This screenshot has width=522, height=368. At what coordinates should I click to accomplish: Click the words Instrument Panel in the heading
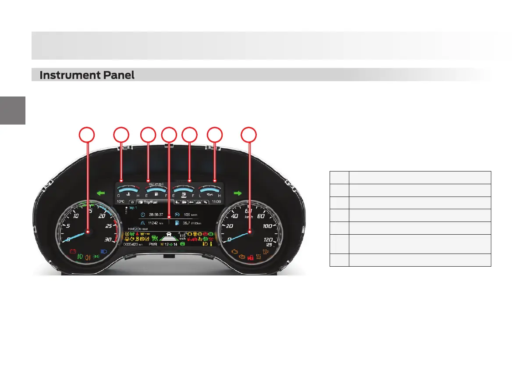(x=87, y=75)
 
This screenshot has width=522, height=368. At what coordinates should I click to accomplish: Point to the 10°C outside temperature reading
(x=121, y=202)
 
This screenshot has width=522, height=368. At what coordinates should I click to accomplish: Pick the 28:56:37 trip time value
(x=156, y=215)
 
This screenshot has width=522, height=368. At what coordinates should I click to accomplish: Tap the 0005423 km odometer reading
(x=133, y=244)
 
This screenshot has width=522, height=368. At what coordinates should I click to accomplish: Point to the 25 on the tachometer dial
(x=108, y=226)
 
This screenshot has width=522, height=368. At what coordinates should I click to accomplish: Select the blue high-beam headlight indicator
(x=104, y=252)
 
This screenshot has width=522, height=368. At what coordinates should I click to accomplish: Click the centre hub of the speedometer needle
(x=250, y=232)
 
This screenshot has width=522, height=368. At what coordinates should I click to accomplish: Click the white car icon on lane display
(x=168, y=235)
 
